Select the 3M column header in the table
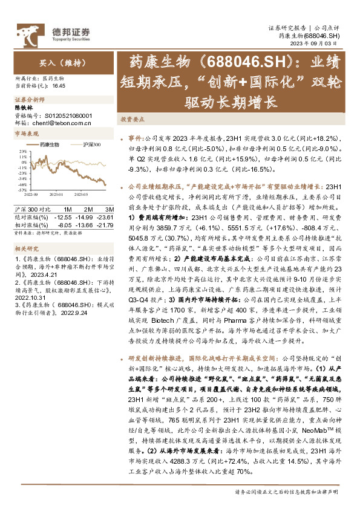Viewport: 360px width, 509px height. point(101,209)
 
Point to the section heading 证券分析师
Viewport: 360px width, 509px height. point(27,99)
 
